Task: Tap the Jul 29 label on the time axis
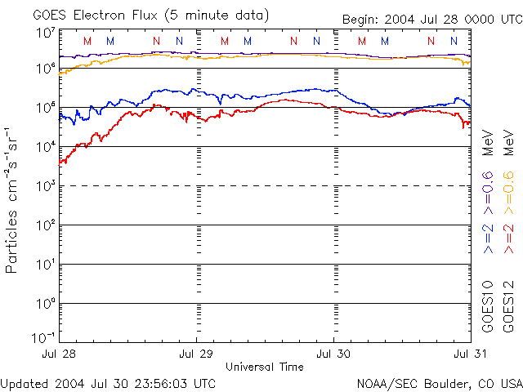(197, 354)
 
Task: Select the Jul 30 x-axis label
(333, 354)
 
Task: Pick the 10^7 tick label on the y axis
(45, 33)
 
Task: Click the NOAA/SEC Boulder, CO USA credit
(439, 383)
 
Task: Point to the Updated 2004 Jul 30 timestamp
(109, 383)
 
